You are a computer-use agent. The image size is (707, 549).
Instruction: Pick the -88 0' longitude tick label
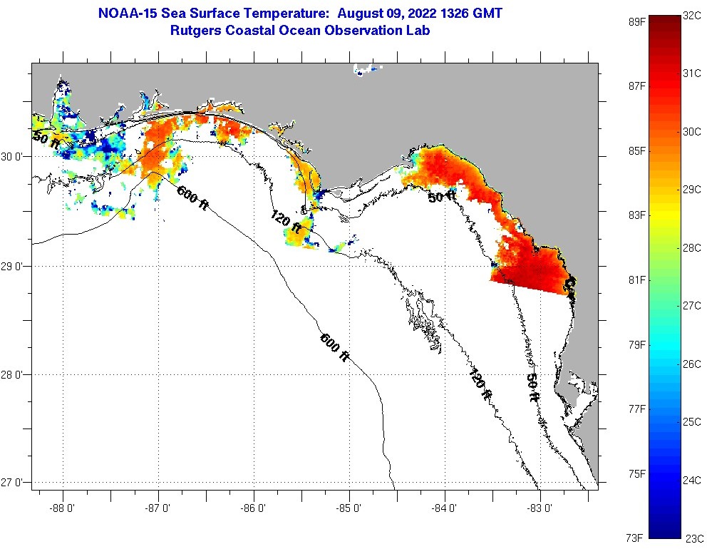[63, 509]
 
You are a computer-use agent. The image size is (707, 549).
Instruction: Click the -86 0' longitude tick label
[254, 509]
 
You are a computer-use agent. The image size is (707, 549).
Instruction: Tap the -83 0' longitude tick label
[540, 509]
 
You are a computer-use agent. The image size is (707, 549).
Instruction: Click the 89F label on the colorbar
[636, 21]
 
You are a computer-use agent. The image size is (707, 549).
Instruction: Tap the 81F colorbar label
[636, 280]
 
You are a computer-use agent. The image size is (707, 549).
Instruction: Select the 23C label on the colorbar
[693, 538]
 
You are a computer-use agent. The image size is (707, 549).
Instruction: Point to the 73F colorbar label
[636, 538]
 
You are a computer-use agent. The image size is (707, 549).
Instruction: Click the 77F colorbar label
[636, 409]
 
